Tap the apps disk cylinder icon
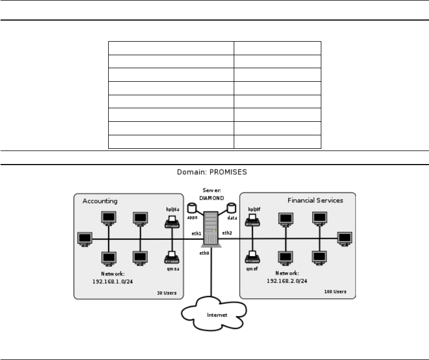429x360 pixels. tap(190, 208)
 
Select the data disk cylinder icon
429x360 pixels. tap(232, 208)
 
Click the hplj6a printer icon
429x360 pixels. tap(173, 220)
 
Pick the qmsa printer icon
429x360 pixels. tap(173, 255)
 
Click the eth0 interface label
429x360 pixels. tap(204, 253)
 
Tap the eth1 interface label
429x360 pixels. tap(196, 233)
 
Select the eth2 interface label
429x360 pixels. tap(227, 233)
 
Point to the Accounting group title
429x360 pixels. tap(100, 201)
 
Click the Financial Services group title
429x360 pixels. tap(315, 200)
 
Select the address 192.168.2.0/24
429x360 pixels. tap(287, 282)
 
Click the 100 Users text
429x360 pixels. tap(334, 292)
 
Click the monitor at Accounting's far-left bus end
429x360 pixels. tap(84, 239)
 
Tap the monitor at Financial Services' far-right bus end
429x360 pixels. tap(344, 239)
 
